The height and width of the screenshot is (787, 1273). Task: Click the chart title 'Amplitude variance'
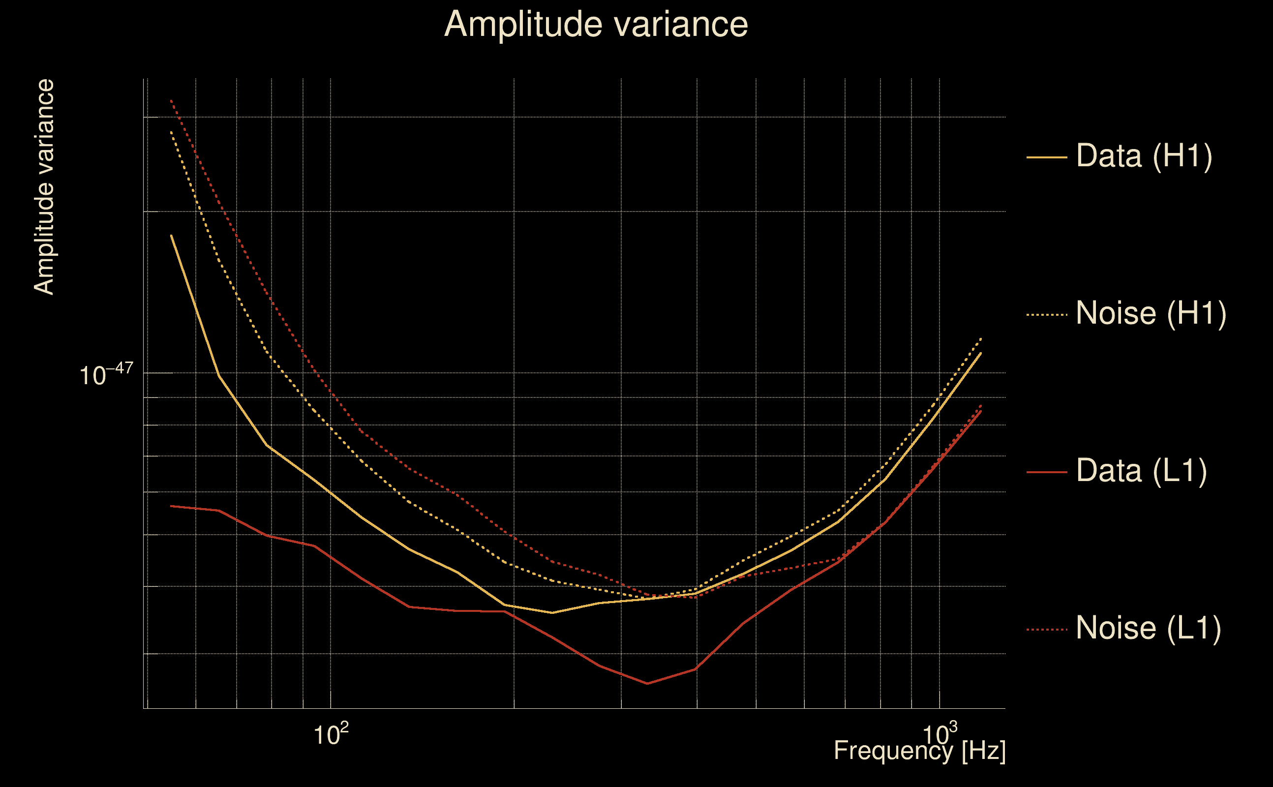(596, 25)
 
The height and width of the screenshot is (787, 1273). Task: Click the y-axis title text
(44, 187)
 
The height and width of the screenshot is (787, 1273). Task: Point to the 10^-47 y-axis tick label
(106, 374)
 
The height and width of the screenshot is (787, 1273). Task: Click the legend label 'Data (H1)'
(1144, 155)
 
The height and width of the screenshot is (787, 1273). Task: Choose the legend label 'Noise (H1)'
(1151, 313)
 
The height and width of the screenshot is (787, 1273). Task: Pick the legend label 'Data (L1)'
(1141, 471)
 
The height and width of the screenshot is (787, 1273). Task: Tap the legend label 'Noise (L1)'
(1148, 628)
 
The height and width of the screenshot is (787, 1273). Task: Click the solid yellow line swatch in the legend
(1047, 157)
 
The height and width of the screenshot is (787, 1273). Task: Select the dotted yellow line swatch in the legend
(1047, 315)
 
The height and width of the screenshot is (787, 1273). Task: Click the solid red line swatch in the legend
(1047, 472)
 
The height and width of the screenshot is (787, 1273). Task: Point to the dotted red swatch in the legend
(1047, 630)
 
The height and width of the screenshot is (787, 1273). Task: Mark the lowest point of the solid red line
(647, 683)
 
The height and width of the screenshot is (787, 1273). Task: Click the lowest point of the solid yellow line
(552, 613)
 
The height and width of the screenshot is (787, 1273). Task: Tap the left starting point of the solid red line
(171, 506)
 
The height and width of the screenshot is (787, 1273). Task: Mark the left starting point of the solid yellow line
(171, 235)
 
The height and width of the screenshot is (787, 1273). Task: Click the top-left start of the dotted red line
(171, 100)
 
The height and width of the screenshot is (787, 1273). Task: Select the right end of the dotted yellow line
(981, 338)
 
